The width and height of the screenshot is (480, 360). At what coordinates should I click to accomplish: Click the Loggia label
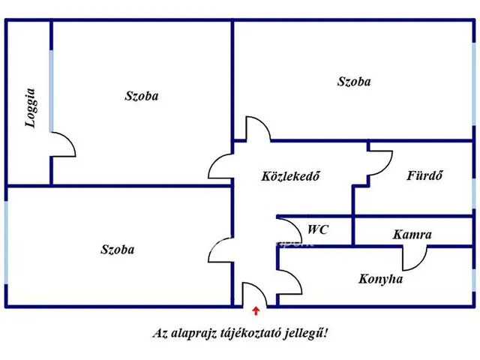tap(31, 109)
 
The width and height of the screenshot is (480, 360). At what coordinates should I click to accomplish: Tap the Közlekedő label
tap(291, 177)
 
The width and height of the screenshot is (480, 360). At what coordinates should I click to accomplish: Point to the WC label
tap(318, 230)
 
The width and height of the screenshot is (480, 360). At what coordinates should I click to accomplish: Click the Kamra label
tap(412, 235)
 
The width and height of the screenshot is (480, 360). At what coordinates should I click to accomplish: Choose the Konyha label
tap(380, 279)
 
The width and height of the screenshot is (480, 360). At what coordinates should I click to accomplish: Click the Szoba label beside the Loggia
tap(141, 96)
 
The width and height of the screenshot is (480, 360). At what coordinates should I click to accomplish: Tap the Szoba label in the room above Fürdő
tap(354, 82)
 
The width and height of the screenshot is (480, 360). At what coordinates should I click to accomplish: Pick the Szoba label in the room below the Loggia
tap(117, 249)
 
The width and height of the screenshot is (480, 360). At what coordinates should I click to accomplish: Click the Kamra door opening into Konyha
tap(412, 258)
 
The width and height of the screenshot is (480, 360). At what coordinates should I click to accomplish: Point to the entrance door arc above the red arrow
tap(250, 294)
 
